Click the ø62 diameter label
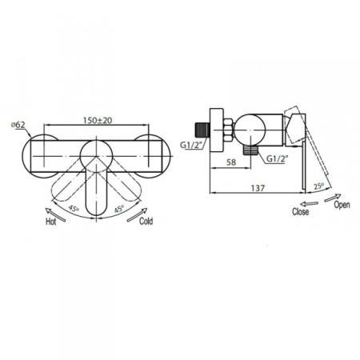click(x=18, y=125)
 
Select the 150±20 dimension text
click(x=98, y=120)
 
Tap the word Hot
click(x=51, y=222)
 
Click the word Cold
click(x=146, y=221)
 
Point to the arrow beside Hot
click(x=55, y=214)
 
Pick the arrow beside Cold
click(x=137, y=214)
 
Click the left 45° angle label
click(x=74, y=208)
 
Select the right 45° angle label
click(x=119, y=209)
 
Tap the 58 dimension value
click(x=231, y=162)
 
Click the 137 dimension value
click(x=258, y=188)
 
